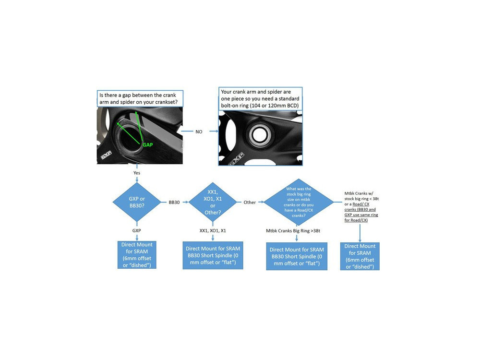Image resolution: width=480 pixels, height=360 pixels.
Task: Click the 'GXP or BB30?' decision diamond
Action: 137,202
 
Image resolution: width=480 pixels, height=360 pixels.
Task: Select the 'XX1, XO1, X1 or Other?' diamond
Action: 213,202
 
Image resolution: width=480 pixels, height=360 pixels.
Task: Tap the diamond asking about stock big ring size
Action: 298,202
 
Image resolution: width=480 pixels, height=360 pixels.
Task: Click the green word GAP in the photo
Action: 147,144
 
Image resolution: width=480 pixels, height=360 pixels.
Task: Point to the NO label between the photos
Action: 199,131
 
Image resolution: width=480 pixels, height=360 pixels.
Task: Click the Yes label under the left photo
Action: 137,172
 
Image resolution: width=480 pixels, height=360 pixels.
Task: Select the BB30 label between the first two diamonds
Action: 174,203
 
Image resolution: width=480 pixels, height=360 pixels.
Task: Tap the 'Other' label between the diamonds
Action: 250,203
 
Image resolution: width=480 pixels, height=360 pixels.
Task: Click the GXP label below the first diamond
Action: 137,230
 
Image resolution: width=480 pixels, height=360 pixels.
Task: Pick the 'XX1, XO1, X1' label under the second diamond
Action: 213,230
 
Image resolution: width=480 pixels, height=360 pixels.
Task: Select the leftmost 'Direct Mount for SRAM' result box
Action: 137,255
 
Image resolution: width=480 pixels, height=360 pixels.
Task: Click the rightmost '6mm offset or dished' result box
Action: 360,256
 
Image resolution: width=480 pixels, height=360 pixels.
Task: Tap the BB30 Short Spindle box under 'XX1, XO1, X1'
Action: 213,255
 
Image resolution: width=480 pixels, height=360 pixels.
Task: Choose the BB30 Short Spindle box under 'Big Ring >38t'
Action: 297,256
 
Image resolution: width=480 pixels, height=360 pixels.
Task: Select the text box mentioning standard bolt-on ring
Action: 261,98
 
